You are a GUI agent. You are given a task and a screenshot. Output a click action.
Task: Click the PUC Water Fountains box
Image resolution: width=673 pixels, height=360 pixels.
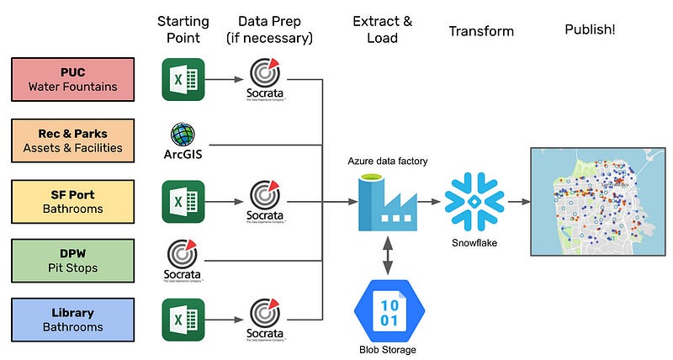click(72, 79)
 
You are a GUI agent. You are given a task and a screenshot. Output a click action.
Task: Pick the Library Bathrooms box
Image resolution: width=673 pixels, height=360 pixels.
click(72, 320)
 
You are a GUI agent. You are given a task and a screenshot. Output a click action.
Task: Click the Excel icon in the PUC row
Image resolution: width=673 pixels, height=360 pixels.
click(183, 79)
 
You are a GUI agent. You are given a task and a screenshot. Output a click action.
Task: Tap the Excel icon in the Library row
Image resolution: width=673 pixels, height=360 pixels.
click(183, 320)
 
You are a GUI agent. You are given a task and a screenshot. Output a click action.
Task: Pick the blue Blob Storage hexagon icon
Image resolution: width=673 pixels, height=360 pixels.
click(387, 309)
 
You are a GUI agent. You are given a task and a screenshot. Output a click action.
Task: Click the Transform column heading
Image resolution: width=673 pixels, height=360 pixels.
click(480, 31)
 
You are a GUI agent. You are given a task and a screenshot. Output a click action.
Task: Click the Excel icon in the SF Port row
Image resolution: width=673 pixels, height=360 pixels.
click(183, 201)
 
